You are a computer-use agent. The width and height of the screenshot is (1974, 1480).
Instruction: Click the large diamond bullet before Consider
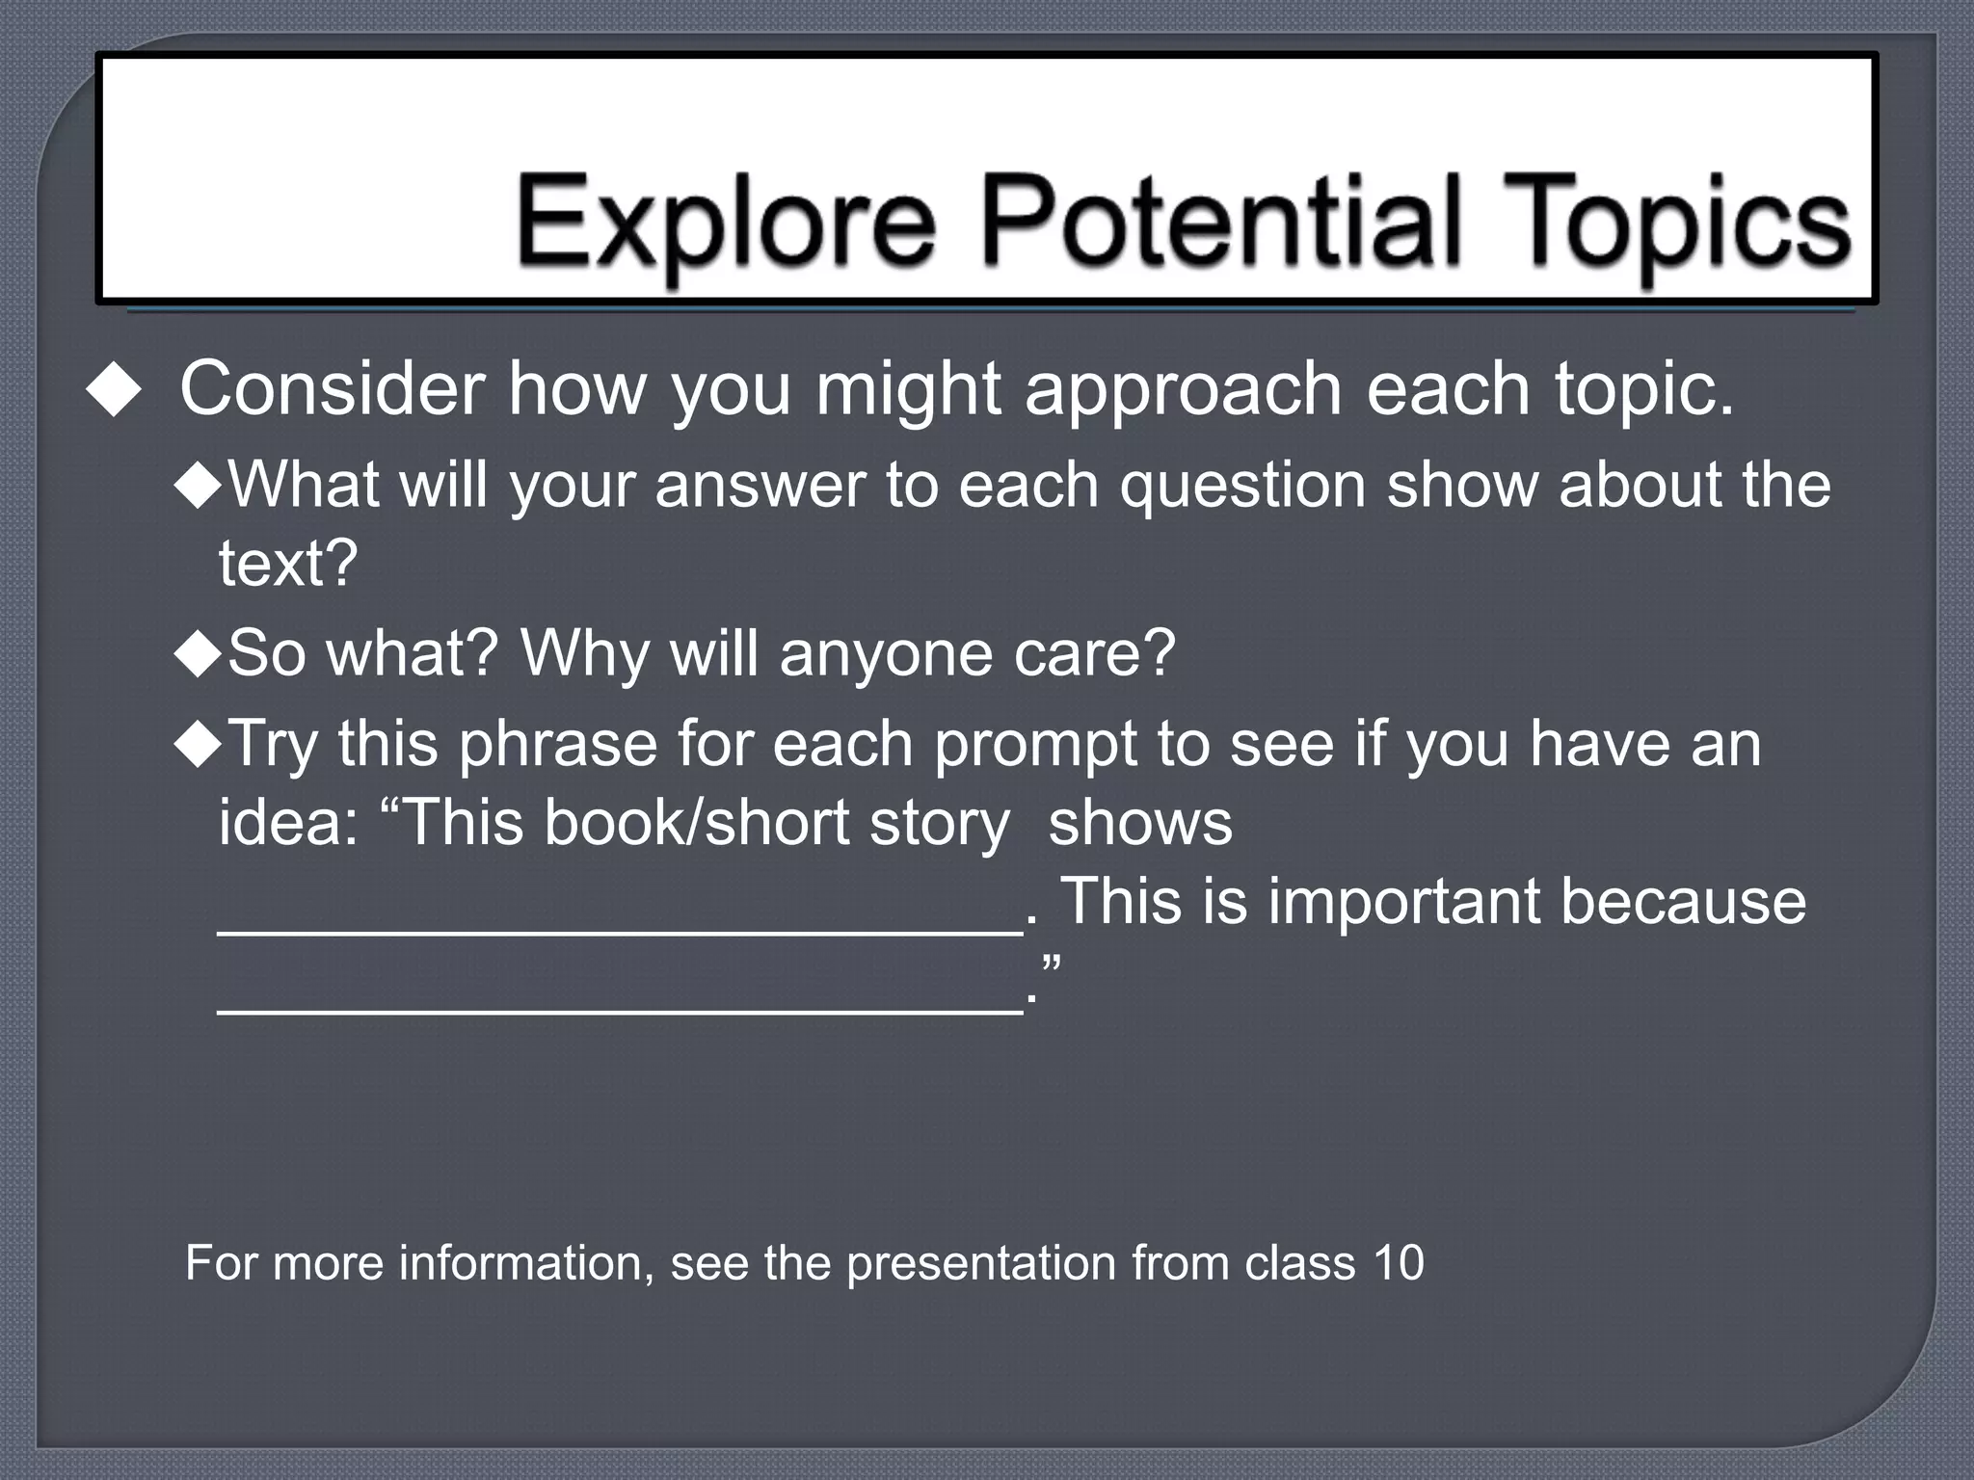tap(114, 390)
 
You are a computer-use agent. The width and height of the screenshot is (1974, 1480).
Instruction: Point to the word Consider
tap(333, 388)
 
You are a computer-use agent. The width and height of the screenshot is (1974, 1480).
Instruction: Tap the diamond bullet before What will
tap(199, 485)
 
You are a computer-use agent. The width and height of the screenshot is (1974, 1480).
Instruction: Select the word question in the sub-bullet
tap(1242, 485)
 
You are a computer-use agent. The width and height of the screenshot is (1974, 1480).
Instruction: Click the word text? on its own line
tap(288, 564)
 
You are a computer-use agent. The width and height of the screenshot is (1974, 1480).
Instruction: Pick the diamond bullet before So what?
tap(199, 654)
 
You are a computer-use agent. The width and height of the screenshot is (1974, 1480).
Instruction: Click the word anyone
tap(884, 654)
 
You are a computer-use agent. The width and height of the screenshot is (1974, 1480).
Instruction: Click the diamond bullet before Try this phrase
tap(199, 745)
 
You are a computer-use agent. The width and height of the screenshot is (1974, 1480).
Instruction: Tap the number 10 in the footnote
tap(1399, 1262)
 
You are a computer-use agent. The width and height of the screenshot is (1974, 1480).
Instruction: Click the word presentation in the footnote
tap(980, 1264)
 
